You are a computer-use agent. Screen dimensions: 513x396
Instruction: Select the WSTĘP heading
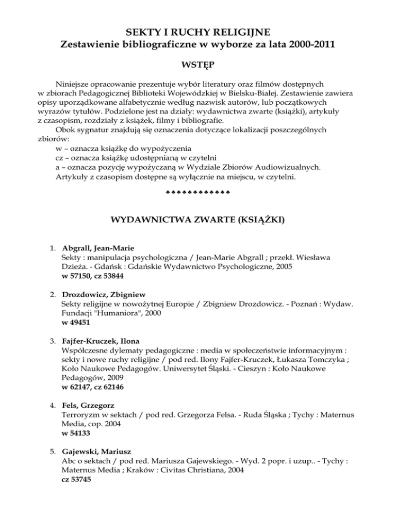[197, 67]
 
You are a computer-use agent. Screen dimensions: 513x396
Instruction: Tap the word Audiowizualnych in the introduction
[292, 167]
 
